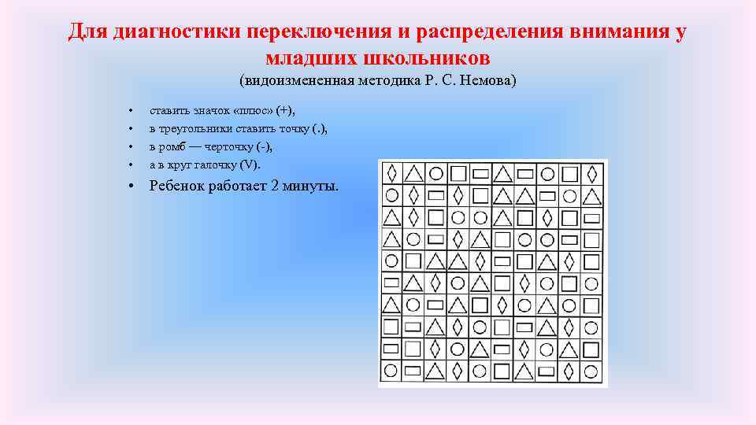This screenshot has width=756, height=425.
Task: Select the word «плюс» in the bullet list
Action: coord(251,110)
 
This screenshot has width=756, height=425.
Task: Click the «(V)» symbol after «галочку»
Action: coord(250,164)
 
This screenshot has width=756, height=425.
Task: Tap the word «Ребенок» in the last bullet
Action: coord(177,187)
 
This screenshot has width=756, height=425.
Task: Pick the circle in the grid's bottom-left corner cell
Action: coord(391,370)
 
